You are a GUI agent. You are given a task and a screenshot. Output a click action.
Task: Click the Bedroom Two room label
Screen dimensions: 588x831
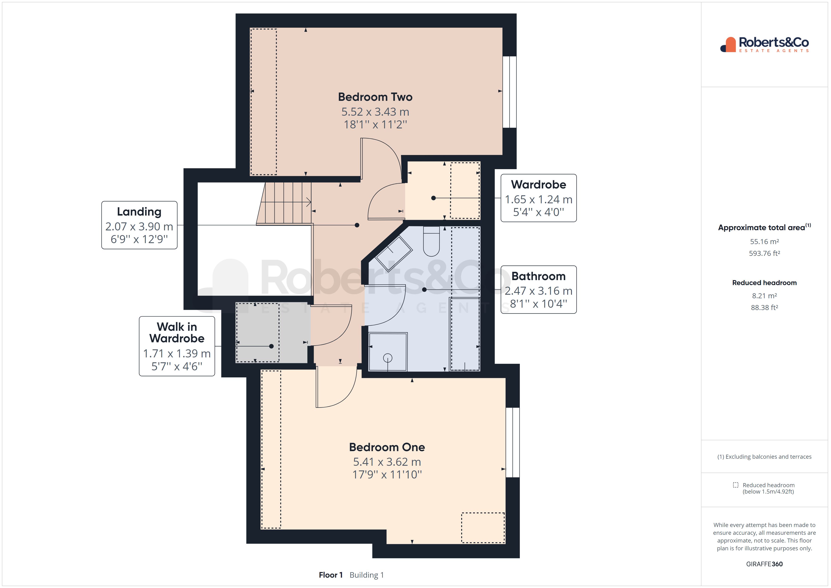point(375,97)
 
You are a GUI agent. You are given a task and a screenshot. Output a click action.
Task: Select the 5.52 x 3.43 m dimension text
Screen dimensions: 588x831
point(375,112)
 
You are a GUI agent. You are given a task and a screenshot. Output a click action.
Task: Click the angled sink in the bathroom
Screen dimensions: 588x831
point(393,254)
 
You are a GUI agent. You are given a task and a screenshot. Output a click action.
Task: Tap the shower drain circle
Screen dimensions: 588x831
point(388,358)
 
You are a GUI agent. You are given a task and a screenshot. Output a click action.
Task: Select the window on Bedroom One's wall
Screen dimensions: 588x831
point(513,442)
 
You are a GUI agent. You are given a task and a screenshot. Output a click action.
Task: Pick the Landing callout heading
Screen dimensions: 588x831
point(139,212)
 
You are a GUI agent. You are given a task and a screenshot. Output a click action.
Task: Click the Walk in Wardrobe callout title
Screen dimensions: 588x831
point(177,332)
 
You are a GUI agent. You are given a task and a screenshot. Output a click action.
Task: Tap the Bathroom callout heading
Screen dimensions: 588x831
point(538,276)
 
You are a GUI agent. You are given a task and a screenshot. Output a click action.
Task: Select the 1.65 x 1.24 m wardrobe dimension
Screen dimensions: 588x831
point(538,200)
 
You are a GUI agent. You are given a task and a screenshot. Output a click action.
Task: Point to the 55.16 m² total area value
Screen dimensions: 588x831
point(764,241)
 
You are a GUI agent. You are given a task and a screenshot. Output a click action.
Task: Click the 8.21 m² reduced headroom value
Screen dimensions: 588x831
point(764,296)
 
